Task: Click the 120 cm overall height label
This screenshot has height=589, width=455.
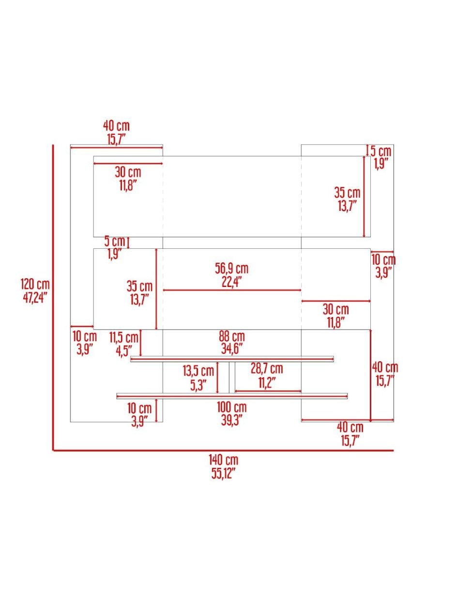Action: (x=35, y=285)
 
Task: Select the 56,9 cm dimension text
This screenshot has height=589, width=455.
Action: (x=231, y=269)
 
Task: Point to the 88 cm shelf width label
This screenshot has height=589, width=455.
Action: (x=232, y=336)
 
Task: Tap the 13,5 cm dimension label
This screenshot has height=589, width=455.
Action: (x=198, y=371)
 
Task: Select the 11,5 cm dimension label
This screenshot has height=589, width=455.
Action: (x=123, y=338)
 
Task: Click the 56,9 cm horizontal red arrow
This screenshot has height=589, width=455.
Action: (x=232, y=290)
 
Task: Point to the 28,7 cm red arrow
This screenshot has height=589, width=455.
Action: (x=268, y=391)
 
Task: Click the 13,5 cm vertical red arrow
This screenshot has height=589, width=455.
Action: (x=217, y=377)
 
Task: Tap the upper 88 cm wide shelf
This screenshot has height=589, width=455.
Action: (x=232, y=359)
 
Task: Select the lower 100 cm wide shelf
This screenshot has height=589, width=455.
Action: (x=232, y=396)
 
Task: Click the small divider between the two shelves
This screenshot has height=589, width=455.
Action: (x=232, y=377)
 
